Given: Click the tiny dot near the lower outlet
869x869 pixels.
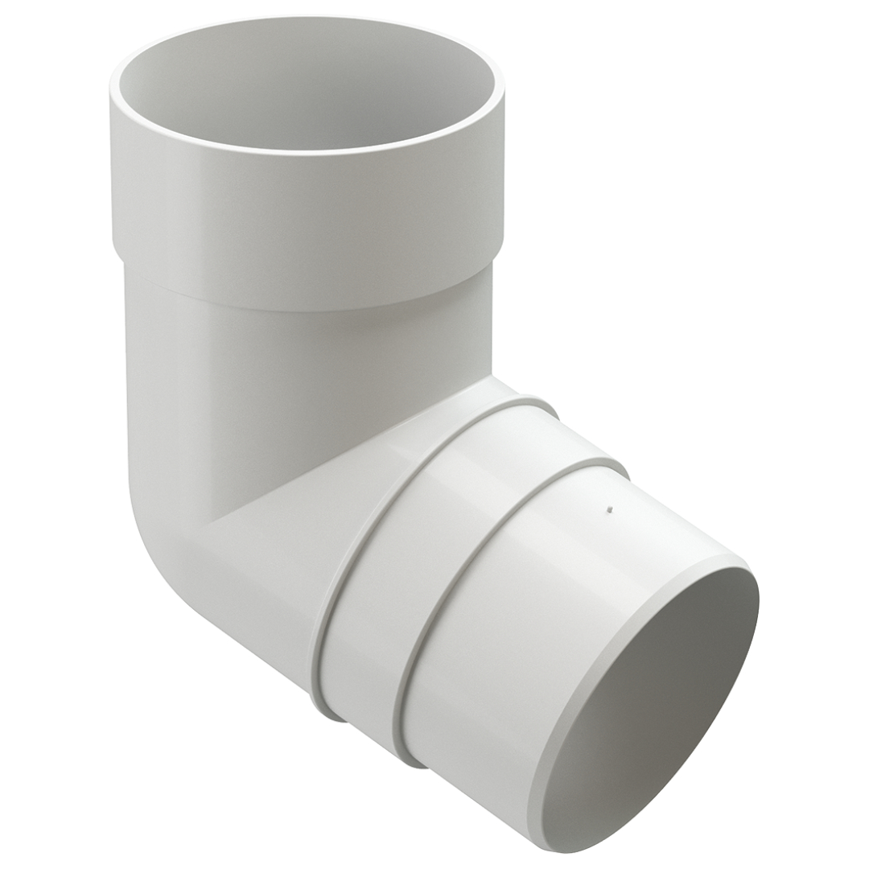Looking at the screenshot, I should (609, 509).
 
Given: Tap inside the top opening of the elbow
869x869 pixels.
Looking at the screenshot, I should (306, 89).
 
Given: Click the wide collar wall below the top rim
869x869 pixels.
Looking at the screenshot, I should (306, 217).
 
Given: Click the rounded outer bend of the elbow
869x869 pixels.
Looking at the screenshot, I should (161, 547).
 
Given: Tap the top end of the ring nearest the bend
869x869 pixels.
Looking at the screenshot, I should (535, 402).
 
